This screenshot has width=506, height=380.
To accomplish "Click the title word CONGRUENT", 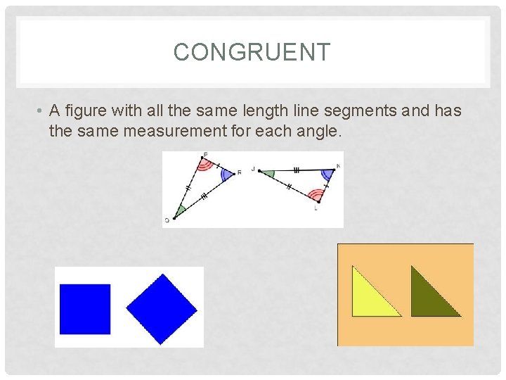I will (252, 52).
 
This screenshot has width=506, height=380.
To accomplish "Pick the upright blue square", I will (85, 308).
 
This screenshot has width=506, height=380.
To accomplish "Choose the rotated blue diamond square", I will (162, 309).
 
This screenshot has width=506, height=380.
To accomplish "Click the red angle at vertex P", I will (205, 165).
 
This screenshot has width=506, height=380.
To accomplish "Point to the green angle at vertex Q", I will (180, 210).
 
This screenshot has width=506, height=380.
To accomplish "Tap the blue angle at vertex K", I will (327, 173).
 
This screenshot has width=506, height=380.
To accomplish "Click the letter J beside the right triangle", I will (253, 170).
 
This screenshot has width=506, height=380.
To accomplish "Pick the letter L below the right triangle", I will (317, 208).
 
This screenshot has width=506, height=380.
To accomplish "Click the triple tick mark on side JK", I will (296, 170).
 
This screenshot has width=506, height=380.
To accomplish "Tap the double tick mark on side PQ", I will (188, 189).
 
